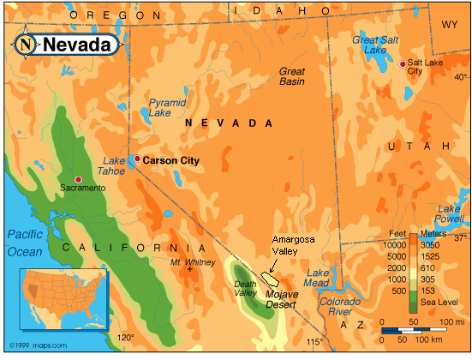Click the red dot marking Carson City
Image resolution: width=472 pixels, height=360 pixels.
click(136, 159)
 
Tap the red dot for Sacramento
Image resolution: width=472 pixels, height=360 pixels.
click(79, 179)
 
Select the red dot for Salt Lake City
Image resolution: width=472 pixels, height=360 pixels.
click(403, 63)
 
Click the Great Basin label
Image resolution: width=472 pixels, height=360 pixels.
click(292, 76)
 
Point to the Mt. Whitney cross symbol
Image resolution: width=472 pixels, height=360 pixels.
click(189, 270)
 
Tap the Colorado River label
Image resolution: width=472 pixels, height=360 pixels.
click(340, 307)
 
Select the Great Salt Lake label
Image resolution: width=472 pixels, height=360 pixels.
click(377, 45)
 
